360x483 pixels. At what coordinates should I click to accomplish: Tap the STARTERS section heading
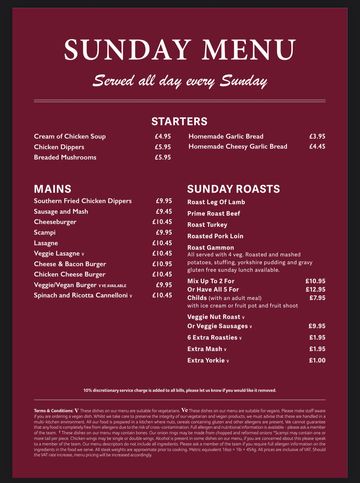[179, 118]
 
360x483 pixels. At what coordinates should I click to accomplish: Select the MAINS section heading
[51, 187]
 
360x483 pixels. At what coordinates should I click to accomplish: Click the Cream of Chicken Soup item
[70, 135]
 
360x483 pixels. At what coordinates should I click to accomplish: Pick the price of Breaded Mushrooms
[163, 157]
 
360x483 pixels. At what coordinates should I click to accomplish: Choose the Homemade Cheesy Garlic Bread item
[238, 146]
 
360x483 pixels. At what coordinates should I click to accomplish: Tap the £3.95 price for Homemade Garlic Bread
[317, 135]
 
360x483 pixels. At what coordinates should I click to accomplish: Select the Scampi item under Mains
[46, 232]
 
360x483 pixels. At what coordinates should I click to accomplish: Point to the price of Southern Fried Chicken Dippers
[163, 200]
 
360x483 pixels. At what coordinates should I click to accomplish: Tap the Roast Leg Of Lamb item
[216, 201]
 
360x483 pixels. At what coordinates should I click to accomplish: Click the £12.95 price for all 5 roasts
[315, 289]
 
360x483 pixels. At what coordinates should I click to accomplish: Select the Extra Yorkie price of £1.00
[317, 360]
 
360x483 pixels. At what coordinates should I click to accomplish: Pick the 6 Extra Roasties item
[217, 337]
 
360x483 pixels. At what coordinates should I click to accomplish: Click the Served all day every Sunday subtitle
[179, 80]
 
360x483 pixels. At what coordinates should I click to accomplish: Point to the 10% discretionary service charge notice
[179, 390]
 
